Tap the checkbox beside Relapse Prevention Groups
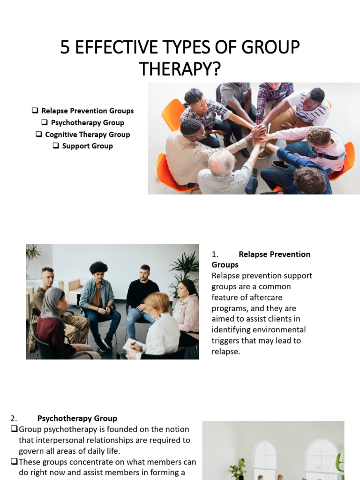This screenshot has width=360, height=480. click(x=35, y=111)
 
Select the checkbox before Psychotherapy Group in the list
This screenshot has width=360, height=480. click(x=45, y=122)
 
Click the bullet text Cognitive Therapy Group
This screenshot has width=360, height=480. click(x=87, y=134)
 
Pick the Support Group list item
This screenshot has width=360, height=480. click(x=87, y=146)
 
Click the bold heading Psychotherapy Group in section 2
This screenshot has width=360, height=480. click(x=77, y=418)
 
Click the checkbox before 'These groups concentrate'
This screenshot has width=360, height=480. click(x=14, y=462)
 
